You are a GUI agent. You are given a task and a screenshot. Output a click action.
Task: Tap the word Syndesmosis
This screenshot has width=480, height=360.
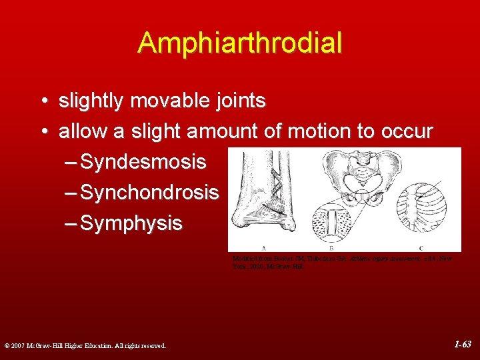tap(143, 162)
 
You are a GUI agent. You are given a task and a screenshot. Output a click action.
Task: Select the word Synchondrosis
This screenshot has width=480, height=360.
tap(149, 193)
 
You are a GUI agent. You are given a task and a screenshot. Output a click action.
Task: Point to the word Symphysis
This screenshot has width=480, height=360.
tap(131, 223)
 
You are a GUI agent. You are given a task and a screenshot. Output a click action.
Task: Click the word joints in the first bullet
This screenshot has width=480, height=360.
tap(240, 101)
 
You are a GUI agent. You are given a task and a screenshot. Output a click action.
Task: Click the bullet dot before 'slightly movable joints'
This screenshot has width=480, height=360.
tap(43, 102)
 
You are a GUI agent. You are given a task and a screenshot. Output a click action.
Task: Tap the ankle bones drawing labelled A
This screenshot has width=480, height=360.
tap(263, 193)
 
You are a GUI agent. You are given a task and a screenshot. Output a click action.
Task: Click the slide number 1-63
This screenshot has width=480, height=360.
tap(462, 345)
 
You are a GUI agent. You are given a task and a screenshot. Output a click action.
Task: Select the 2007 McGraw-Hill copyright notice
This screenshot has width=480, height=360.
tap(84, 345)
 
